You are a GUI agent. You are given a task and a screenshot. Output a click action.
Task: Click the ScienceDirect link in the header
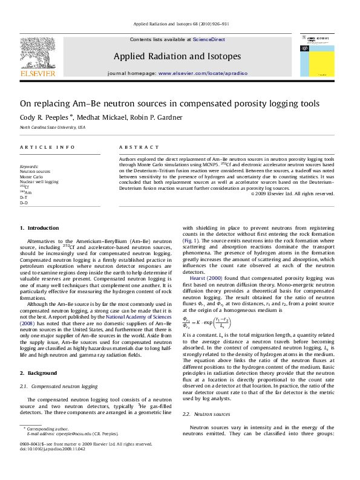[x=209, y=39]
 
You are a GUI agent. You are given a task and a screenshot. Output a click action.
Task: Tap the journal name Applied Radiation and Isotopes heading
[x=177, y=56]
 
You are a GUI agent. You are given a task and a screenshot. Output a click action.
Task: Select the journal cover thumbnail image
[x=318, y=54]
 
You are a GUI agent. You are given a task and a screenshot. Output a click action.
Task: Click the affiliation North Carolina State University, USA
[x=53, y=128]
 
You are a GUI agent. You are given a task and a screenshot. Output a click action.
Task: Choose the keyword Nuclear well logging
[x=39, y=181]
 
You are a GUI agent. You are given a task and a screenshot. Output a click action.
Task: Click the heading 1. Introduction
[x=39, y=228]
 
